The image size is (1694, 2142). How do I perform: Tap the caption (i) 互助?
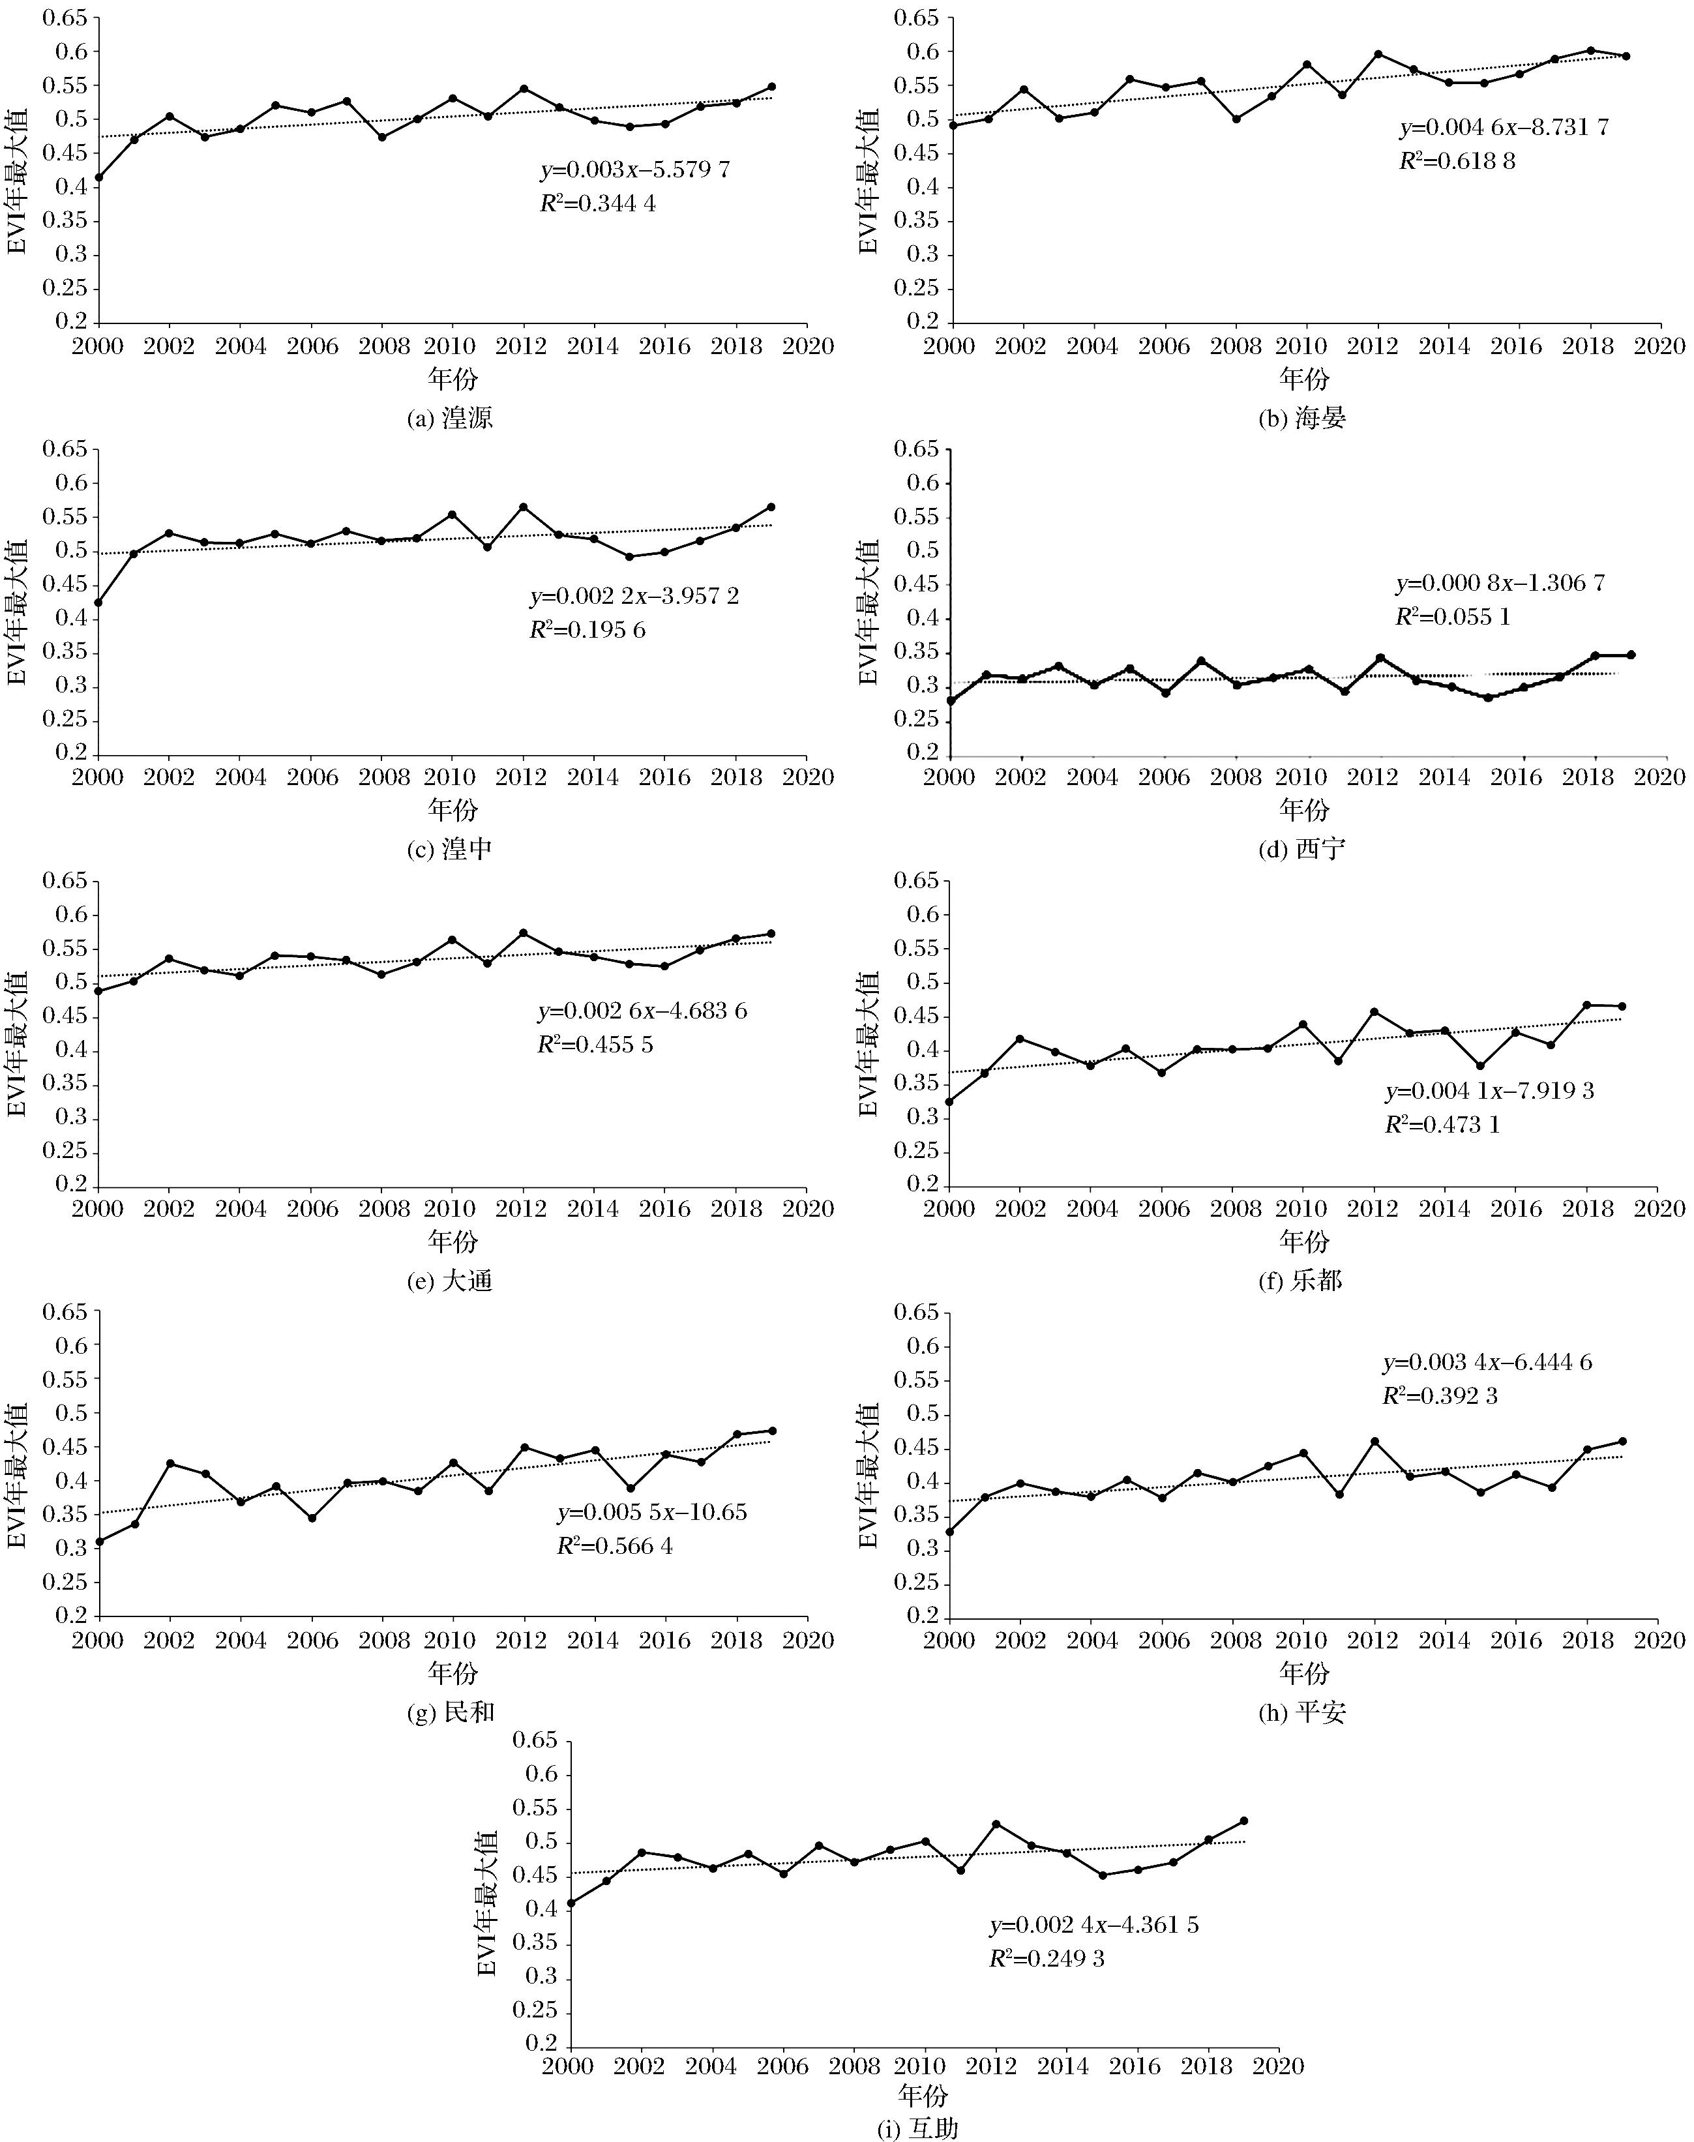(x=919, y=2128)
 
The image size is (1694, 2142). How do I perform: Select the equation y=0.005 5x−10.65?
(x=651, y=1512)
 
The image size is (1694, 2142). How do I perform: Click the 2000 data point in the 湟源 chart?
(x=99, y=177)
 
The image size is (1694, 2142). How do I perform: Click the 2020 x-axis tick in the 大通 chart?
(x=807, y=1209)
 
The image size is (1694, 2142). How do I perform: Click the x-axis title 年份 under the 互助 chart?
(x=923, y=2094)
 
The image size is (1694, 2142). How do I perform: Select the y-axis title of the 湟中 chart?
(x=18, y=601)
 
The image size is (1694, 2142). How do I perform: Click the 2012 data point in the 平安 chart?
(x=1375, y=1442)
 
